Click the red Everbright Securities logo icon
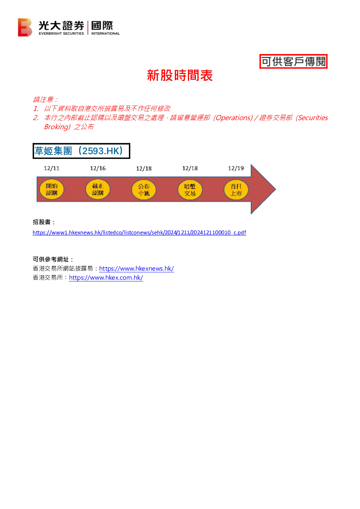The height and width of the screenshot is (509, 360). click(25, 27)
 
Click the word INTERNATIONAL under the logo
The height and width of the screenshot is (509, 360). click(106, 33)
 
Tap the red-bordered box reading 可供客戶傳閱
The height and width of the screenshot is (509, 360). click(293, 61)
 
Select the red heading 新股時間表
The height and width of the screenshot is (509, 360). click(180, 75)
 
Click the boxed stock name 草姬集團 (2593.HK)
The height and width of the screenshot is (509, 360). click(81, 151)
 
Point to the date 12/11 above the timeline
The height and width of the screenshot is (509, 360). click(52, 168)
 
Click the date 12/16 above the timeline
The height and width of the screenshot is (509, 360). click(98, 168)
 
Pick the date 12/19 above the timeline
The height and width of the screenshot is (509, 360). click(236, 168)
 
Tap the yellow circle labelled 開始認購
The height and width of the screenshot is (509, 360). click(52, 189)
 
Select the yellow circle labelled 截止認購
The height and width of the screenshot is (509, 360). click(98, 189)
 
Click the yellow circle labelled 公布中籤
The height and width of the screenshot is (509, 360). click(144, 189)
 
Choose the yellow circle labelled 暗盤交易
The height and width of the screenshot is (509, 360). click(190, 189)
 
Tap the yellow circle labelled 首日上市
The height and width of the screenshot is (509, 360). click(236, 189)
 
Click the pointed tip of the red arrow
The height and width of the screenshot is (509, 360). click(276, 189)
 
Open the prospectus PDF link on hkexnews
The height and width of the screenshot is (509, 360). click(139, 233)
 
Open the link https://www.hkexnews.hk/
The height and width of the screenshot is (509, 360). click(136, 268)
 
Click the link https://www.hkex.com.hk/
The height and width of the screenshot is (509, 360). click(106, 278)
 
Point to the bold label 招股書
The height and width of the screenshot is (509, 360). click(42, 222)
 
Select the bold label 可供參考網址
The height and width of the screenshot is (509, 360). click(51, 259)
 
